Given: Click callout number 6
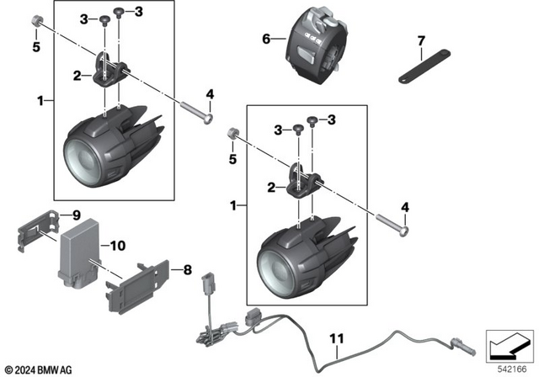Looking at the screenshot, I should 267,39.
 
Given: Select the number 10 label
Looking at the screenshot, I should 116,246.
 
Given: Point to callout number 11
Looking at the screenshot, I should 337,339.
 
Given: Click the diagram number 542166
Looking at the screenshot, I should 510,369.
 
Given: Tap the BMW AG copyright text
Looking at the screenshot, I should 41,369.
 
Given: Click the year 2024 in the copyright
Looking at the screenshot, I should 26,369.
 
